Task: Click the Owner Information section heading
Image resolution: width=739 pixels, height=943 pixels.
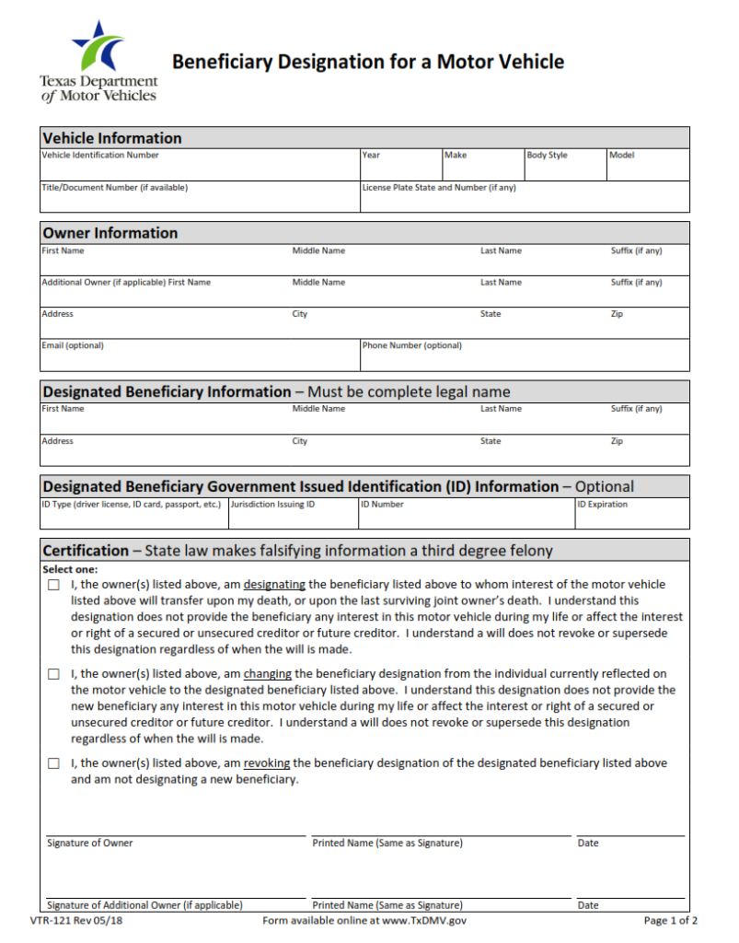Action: pos(110,233)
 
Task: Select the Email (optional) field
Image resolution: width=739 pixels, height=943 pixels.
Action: pos(200,358)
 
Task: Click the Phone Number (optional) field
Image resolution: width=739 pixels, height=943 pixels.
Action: pos(525,358)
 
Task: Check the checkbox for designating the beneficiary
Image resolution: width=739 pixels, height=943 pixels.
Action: pos(53,585)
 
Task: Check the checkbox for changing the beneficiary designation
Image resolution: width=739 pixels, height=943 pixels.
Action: pos(53,674)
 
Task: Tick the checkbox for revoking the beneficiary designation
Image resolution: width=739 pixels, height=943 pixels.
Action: pos(53,763)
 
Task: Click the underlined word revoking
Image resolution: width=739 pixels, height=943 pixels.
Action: pos(266,763)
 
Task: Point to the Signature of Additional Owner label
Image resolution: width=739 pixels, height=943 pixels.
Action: pos(144,905)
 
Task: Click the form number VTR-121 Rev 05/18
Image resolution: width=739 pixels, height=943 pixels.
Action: pos(75,920)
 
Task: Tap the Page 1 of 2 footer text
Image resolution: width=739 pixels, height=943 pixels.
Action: pos(670,920)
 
